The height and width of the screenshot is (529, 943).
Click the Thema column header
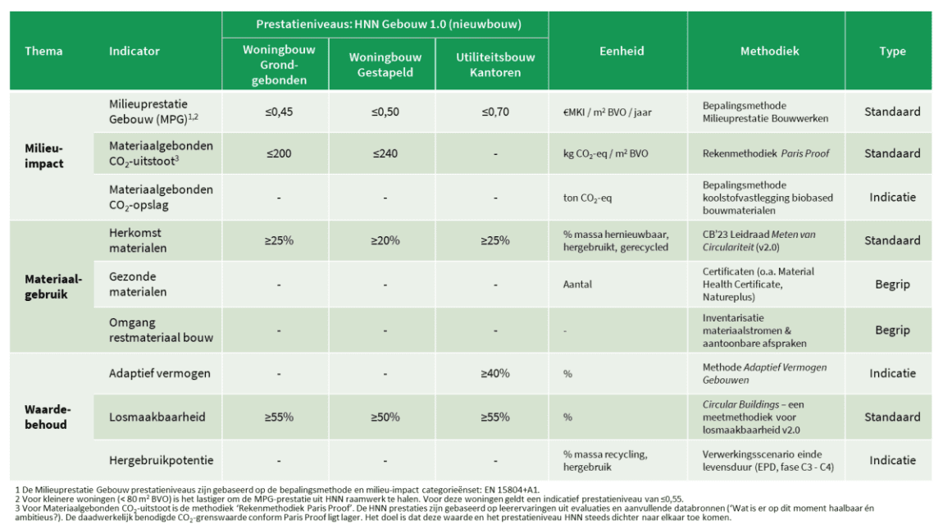(x=43, y=51)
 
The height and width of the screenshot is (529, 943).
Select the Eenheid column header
(x=622, y=51)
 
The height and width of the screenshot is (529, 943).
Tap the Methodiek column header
(x=769, y=51)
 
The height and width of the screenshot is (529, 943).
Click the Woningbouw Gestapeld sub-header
(x=385, y=65)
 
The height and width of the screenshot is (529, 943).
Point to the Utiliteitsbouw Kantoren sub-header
(x=495, y=65)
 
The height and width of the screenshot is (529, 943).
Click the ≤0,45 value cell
(x=279, y=112)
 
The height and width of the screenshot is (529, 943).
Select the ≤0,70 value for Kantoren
(x=495, y=112)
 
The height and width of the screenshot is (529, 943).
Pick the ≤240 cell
(x=385, y=153)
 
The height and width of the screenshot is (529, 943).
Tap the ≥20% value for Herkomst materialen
(x=385, y=241)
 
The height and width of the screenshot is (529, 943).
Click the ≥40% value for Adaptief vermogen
(x=495, y=374)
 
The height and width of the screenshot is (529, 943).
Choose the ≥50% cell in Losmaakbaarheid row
(x=385, y=417)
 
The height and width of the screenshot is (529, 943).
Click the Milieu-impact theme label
(x=44, y=156)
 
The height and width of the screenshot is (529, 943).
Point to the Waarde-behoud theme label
(x=48, y=417)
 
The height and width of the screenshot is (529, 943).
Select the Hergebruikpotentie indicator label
(x=162, y=460)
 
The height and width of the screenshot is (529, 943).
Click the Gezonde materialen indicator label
(x=138, y=284)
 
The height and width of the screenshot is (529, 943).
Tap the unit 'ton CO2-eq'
(x=587, y=198)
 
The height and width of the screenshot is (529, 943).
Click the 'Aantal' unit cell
(x=577, y=284)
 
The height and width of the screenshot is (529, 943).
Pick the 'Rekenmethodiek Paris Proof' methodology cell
(x=766, y=153)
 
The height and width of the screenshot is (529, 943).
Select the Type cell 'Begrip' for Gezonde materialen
(x=892, y=284)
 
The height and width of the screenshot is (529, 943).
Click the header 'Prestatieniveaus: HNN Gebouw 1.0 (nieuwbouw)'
(x=389, y=25)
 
